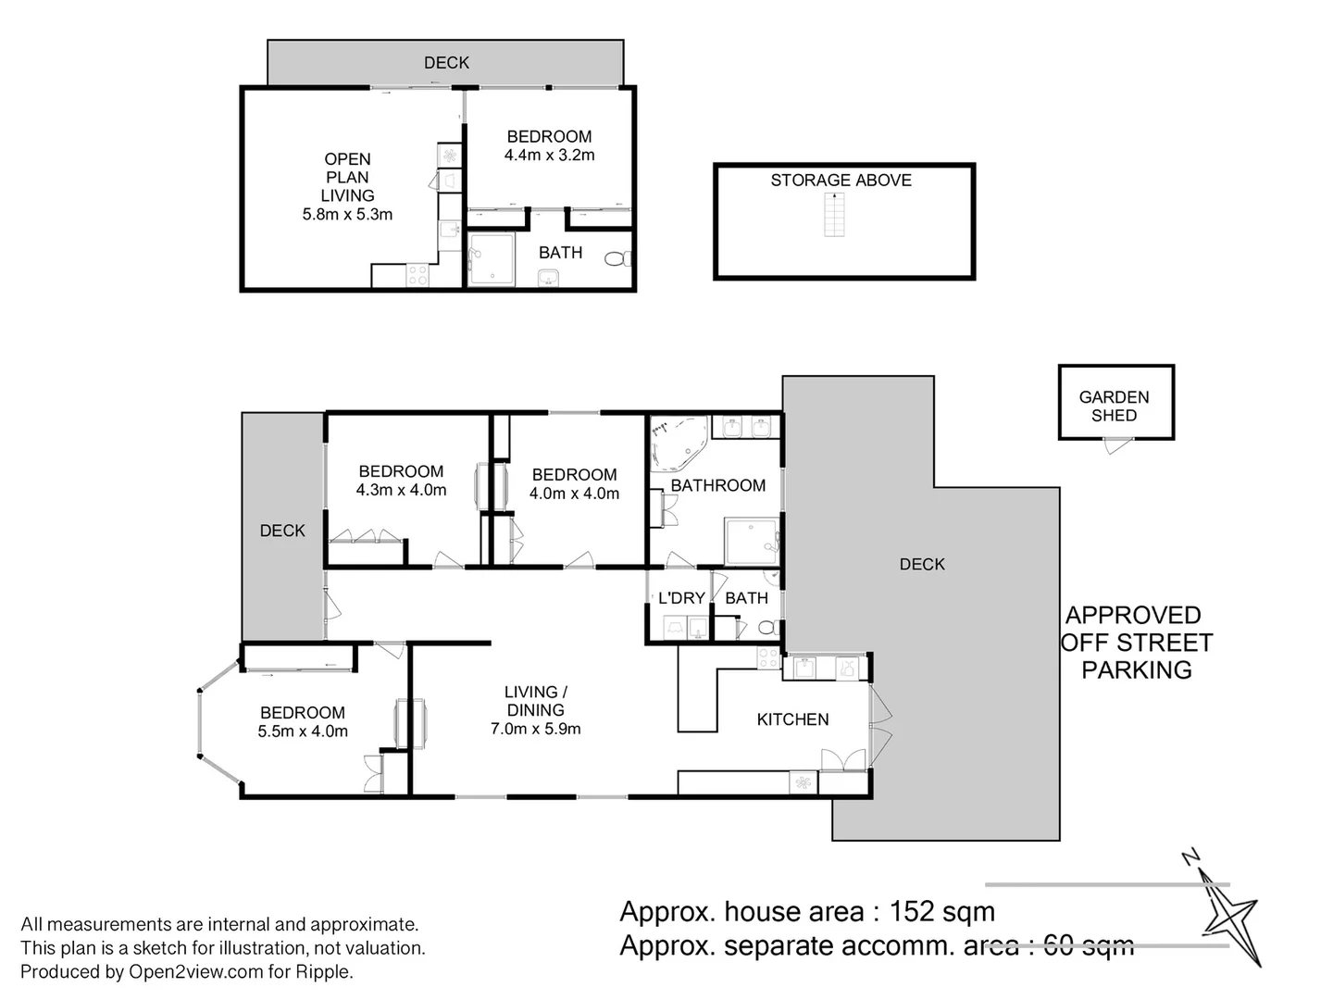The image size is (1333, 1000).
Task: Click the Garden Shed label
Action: click(1114, 406)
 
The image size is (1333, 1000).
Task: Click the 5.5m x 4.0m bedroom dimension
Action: click(303, 731)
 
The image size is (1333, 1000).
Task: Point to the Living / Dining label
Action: click(535, 701)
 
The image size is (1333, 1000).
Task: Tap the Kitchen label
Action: click(792, 719)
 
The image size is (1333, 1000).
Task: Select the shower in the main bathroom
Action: click(751, 542)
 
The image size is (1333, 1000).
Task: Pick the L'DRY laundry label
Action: click(680, 598)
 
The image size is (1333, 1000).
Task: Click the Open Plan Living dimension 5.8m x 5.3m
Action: click(347, 215)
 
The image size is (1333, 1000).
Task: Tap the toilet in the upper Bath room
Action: click(617, 259)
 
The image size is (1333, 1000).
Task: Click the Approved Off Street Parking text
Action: click(1137, 643)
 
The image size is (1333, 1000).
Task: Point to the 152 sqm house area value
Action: click(941, 912)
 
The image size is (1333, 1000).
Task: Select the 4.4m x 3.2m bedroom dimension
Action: click(549, 156)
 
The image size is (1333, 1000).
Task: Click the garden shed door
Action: click(1115, 447)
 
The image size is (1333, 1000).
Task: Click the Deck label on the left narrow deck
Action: click(282, 531)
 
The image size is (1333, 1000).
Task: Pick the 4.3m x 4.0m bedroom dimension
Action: click(401, 490)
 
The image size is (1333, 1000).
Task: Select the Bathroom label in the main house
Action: click(717, 485)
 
